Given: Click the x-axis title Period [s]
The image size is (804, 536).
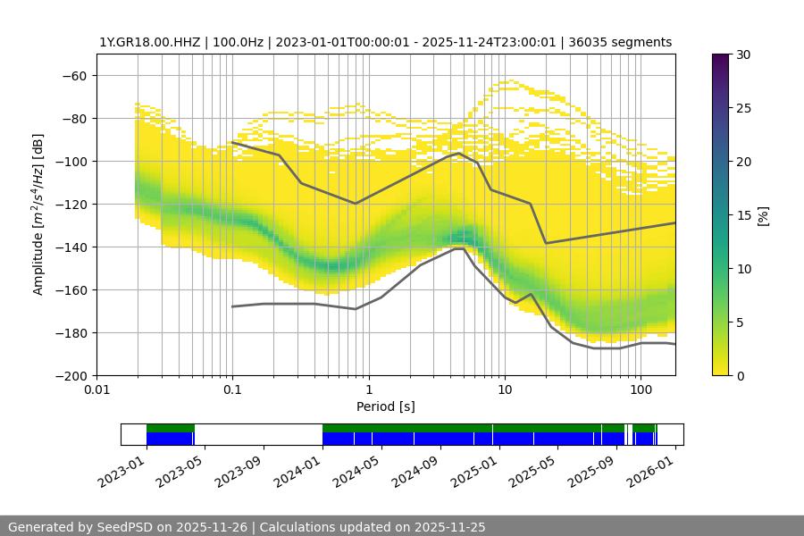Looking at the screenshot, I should point(385,406).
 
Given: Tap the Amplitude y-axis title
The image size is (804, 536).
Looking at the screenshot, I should point(38,214).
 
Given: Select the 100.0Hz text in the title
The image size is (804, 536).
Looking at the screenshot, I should point(238,42).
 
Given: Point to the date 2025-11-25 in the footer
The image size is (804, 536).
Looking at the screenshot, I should point(449,527).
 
